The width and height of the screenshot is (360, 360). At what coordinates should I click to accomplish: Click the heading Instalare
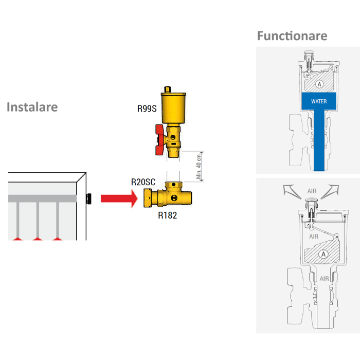pyautogui.click(x=32, y=107)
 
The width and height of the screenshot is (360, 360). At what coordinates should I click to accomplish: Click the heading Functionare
pyautogui.click(x=292, y=36)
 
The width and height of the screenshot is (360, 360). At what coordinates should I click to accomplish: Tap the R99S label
pyautogui.click(x=147, y=109)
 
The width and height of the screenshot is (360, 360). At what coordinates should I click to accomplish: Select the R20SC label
pyautogui.click(x=143, y=183)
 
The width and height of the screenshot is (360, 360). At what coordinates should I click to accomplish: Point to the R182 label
pyautogui.click(x=167, y=215)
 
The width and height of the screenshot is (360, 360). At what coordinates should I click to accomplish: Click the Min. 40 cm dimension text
pyautogui.click(x=198, y=167)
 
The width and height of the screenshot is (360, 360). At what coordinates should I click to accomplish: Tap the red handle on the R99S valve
pyautogui.click(x=160, y=139)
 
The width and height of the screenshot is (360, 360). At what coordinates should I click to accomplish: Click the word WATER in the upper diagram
pyautogui.click(x=319, y=101)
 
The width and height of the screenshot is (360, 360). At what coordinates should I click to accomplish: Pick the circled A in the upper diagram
pyautogui.click(x=319, y=83)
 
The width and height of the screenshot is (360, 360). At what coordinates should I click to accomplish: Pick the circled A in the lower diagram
pyautogui.click(x=323, y=254)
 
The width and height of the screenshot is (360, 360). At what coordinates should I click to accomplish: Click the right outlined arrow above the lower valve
pyautogui.click(x=331, y=190)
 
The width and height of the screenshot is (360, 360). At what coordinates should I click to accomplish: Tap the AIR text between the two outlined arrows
pyautogui.click(x=312, y=190)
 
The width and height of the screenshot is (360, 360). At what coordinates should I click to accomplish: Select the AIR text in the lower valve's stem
pyautogui.click(x=324, y=278)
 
